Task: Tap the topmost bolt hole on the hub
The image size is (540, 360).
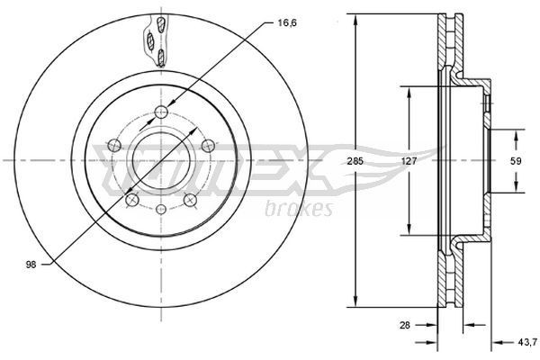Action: (x=161, y=112)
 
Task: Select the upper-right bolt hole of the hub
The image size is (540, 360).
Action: (x=207, y=145)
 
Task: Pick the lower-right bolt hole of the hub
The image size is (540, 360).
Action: (x=190, y=200)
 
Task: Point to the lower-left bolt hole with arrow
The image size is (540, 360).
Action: (x=132, y=200)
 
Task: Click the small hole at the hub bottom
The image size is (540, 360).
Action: (x=161, y=210)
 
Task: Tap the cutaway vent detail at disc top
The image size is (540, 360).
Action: (x=154, y=40)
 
